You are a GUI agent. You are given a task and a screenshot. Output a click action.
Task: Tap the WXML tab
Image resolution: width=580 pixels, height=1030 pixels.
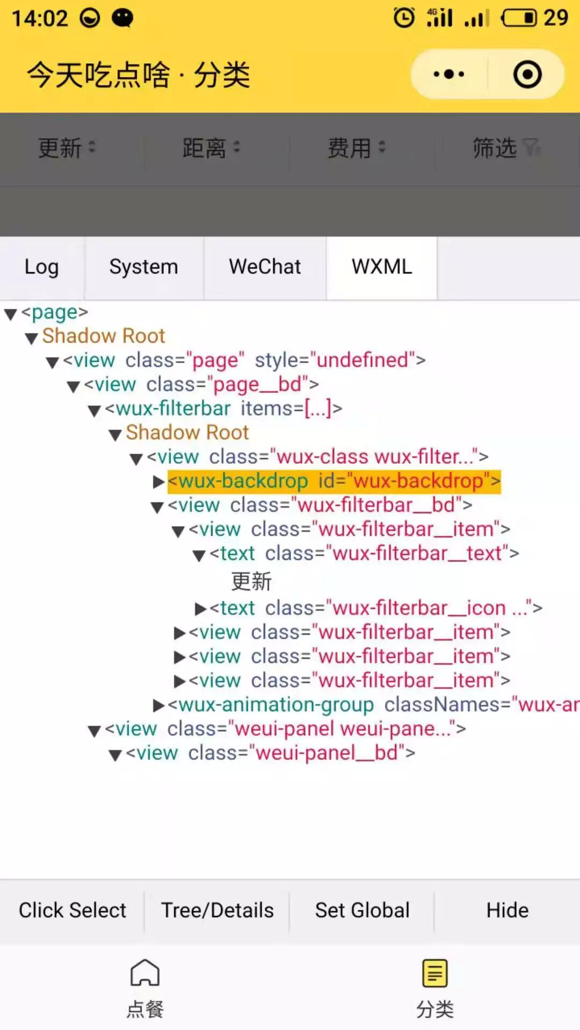click(382, 267)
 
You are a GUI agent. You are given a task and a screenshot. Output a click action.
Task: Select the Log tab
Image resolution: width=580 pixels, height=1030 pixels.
click(41, 267)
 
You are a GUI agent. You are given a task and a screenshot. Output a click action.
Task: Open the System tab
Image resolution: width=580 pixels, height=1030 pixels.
click(143, 267)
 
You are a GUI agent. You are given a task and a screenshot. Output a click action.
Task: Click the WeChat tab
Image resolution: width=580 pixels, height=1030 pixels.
click(265, 267)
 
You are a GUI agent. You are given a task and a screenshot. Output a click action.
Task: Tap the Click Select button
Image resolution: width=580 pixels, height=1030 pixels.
click(73, 910)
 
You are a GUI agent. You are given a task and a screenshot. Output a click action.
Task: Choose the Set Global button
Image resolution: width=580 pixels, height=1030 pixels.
click(362, 910)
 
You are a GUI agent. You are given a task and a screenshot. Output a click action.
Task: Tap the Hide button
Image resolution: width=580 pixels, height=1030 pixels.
click(507, 910)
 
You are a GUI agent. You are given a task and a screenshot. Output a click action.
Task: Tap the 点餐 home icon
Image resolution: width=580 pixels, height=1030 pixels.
click(145, 973)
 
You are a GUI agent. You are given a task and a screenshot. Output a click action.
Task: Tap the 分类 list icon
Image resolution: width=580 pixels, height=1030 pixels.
click(434, 973)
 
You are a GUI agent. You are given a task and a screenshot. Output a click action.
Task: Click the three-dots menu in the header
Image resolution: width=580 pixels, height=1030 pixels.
click(449, 74)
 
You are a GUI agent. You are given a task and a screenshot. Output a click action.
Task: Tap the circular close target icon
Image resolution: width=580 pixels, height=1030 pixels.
click(527, 74)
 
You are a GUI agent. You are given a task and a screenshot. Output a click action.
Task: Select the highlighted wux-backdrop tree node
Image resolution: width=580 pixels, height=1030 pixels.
click(334, 481)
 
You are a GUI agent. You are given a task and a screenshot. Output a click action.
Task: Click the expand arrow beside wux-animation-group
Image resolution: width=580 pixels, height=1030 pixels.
click(158, 705)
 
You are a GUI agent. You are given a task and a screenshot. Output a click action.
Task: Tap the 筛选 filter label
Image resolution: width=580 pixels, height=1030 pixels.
click(495, 148)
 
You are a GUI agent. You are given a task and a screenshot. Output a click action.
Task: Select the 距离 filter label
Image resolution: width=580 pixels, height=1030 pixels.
click(204, 148)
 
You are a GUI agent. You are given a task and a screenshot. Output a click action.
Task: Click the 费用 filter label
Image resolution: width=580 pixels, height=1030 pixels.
click(350, 148)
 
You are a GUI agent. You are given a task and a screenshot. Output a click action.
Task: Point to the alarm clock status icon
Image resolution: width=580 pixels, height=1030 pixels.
click(404, 18)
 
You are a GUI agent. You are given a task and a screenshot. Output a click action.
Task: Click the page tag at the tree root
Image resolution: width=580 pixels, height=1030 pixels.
click(54, 312)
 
